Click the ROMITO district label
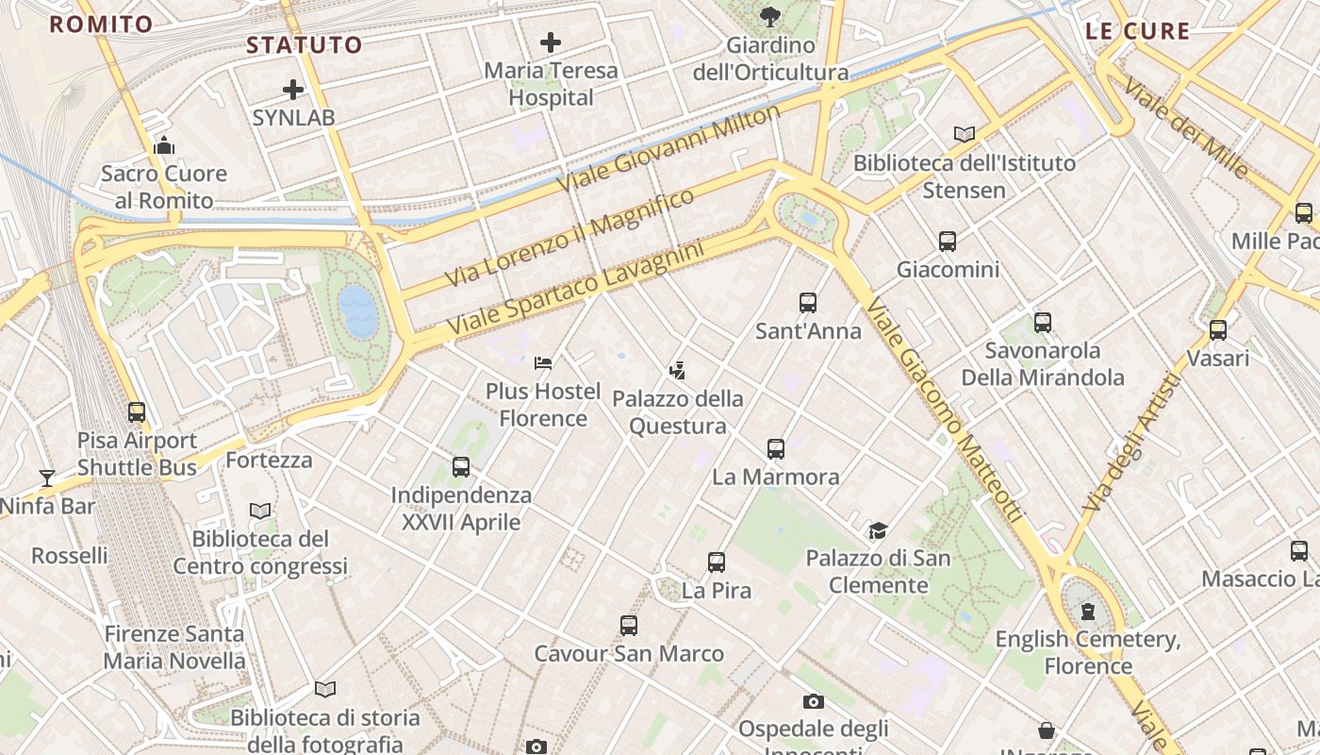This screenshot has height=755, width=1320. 101,25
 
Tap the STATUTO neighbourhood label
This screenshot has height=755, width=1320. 305,45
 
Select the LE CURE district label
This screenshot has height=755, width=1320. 1138,31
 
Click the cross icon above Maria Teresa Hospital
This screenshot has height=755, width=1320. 551,42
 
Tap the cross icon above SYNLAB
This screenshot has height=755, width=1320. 293,90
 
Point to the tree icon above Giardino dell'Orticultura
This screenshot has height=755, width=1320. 770,16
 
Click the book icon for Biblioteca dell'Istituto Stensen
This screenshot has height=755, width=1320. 965,135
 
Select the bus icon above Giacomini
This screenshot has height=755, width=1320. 948,242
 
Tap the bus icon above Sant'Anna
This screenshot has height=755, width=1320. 808,303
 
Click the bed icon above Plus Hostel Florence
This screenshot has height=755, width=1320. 543,362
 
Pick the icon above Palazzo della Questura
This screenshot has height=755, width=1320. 677,370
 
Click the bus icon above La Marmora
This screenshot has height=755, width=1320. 776,448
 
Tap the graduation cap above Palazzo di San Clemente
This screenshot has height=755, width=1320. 878,530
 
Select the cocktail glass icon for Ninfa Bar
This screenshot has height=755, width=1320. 47,478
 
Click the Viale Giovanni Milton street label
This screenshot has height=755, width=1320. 669,148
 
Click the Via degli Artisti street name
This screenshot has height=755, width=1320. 1131,444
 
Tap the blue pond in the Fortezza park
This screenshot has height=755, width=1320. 358,310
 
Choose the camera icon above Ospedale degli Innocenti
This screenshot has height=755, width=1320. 813,701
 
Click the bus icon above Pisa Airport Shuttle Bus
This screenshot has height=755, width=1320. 137,412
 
